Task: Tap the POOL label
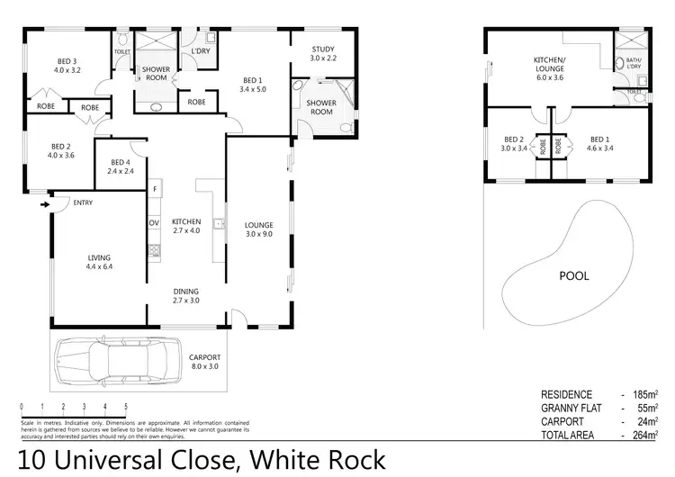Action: (x=574, y=275)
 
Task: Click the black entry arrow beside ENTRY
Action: (x=44, y=204)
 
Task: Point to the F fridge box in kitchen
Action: (x=155, y=189)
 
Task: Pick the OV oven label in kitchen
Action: (x=153, y=221)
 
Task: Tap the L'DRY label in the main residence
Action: (x=200, y=50)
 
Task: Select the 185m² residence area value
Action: (x=644, y=394)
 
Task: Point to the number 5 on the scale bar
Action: (x=126, y=407)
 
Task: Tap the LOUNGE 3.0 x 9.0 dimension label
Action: (x=258, y=229)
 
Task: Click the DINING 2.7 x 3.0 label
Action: (x=188, y=295)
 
